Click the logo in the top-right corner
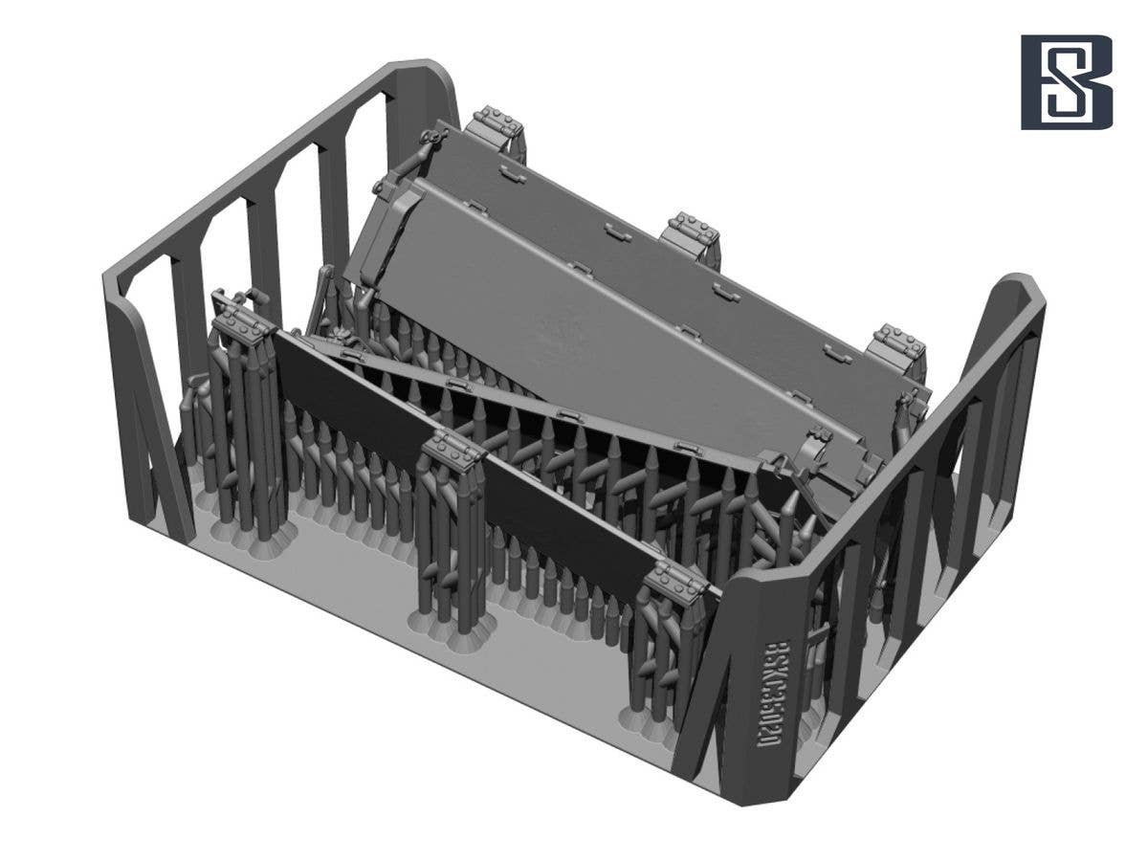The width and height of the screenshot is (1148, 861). coord(1066,82)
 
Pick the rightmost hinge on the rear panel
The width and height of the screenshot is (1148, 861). coord(896,344)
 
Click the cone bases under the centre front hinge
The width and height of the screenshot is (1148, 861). coord(453,628)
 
